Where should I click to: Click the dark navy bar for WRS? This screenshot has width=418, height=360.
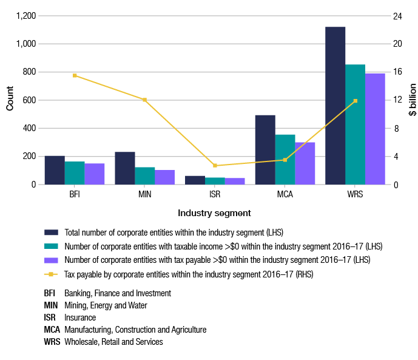pyautogui.click(x=335, y=106)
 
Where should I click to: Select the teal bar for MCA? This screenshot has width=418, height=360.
pyautogui.click(x=285, y=160)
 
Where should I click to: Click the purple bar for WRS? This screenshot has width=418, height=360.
pyautogui.click(x=374, y=129)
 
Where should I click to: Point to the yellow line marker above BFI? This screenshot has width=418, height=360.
pyautogui.click(x=75, y=75)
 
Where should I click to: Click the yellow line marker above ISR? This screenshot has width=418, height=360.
pyautogui.click(x=215, y=165)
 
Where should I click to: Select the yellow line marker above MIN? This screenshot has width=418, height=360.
pyautogui.click(x=144, y=100)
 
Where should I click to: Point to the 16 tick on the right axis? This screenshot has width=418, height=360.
pyautogui.click(x=397, y=72)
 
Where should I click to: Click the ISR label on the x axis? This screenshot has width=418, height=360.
pyautogui.click(x=215, y=194)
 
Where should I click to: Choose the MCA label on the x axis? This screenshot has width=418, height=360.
pyautogui.click(x=285, y=194)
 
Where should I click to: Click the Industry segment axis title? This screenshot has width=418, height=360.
pyautogui.click(x=214, y=213)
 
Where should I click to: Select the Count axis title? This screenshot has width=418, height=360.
pyautogui.click(x=10, y=100)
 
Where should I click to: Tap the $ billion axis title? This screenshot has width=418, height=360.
pyautogui.click(x=412, y=100)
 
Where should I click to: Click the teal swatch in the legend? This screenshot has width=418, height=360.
pyautogui.click(x=51, y=246)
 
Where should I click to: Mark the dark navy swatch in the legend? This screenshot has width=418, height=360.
pyautogui.click(x=51, y=233)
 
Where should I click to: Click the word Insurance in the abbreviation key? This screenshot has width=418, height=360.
pyautogui.click(x=80, y=317)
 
